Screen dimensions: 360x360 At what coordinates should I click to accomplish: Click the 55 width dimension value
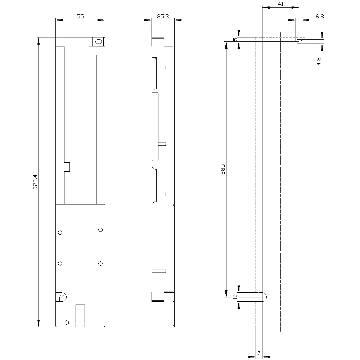point(80,16)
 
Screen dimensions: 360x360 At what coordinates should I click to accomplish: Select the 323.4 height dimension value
point(35,182)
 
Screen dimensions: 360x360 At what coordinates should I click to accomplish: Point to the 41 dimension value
point(281,4)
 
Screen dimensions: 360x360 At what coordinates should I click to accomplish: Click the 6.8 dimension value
point(319,16)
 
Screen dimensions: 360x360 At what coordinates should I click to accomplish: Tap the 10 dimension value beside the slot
point(235,297)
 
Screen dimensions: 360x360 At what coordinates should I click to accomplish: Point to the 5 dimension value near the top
point(235,39)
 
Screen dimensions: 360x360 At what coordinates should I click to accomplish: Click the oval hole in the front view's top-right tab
point(97,41)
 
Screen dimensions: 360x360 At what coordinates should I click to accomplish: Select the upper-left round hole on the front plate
point(60,233)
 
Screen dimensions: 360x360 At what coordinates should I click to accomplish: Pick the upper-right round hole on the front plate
point(100,230)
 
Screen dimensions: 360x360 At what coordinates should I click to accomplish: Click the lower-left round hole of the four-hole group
point(60,264)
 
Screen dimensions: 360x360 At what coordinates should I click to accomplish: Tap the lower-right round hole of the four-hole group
point(100,264)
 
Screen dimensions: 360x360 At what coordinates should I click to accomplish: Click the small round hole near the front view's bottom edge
point(66,322)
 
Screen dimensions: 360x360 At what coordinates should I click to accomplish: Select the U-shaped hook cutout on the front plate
point(61,297)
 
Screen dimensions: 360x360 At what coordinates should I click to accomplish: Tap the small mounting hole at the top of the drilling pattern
point(298,42)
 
